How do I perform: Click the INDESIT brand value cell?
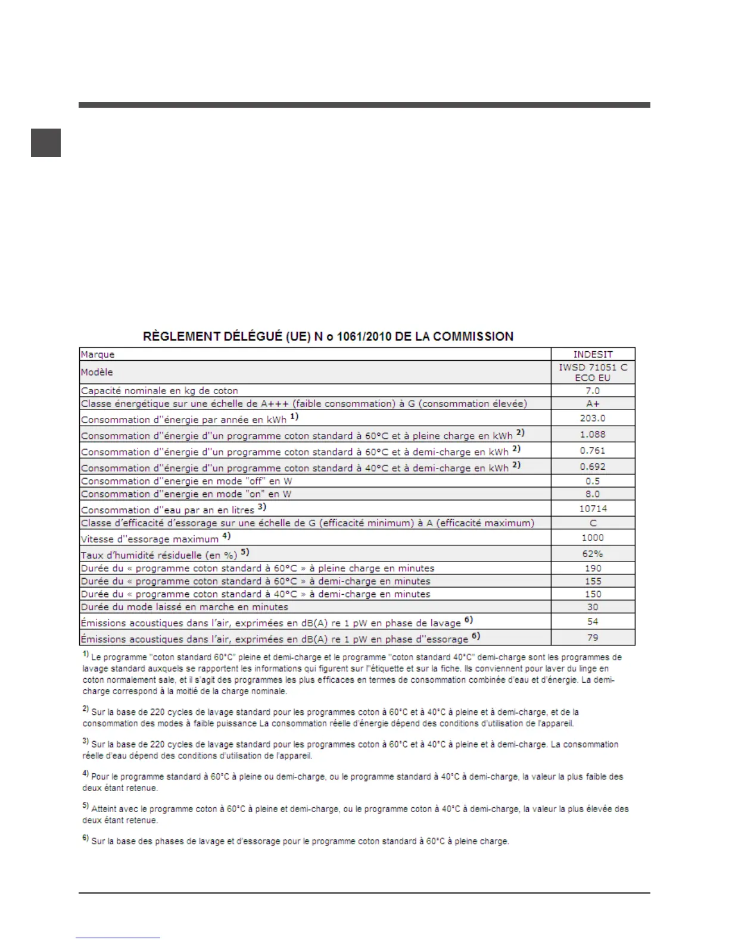coord(593,354)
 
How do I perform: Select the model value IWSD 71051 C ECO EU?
coord(593,373)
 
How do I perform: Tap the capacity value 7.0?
coord(593,391)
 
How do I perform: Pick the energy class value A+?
coord(593,404)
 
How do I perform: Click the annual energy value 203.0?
coord(593,419)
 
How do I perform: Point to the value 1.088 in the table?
coord(593,435)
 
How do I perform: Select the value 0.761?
coord(593,451)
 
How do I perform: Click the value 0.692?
coord(593,467)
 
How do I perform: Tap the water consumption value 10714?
coord(593,508)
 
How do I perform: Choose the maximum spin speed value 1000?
coord(593,538)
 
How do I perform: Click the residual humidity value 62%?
coord(593,554)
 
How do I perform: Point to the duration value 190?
coord(593,569)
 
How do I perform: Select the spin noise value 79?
coord(593,638)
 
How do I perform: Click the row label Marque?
coord(98,355)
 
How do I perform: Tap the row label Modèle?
coord(97,372)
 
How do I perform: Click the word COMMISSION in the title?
coord(473,336)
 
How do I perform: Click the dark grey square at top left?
coord(46,143)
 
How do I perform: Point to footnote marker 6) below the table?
coord(86,839)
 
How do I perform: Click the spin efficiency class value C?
coord(593,523)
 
